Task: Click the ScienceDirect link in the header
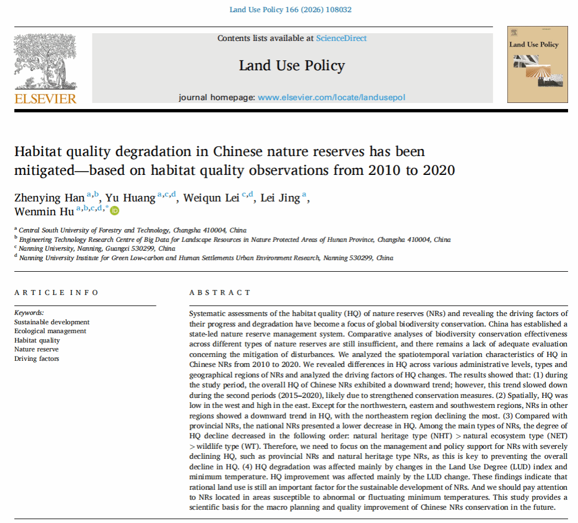point(341,38)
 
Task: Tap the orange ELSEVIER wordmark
point(45,99)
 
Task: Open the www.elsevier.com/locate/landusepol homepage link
point(332,97)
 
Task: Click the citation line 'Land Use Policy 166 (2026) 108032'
point(290,9)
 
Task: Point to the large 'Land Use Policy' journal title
point(292,66)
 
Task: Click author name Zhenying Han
point(50,198)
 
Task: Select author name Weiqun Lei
point(212,198)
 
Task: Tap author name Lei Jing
point(280,198)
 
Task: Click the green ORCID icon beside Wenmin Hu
point(115,210)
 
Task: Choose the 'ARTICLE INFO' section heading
point(56,293)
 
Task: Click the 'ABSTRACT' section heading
point(220,293)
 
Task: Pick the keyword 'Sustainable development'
point(52,322)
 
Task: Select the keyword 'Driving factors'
point(36,359)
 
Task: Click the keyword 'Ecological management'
point(50,331)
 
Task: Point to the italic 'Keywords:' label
point(29,313)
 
